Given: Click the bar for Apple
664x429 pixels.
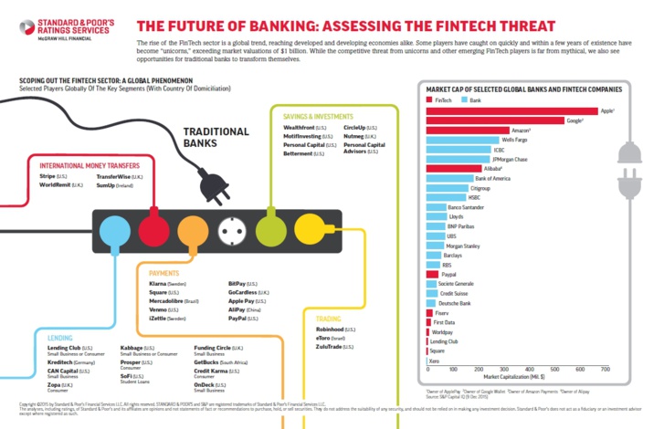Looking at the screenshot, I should click(511, 110).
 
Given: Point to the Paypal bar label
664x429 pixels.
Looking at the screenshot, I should click(448, 274).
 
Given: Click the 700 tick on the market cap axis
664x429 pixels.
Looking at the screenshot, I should click(605, 368).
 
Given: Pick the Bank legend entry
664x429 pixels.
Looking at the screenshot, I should click(472, 99).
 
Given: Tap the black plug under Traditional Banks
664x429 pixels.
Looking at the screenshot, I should click(217, 187).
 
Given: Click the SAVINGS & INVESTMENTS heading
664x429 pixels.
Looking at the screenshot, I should click(318, 117).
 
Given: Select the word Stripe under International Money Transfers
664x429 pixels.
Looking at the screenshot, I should click(47, 175).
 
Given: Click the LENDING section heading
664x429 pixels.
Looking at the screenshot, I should click(60, 338).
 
